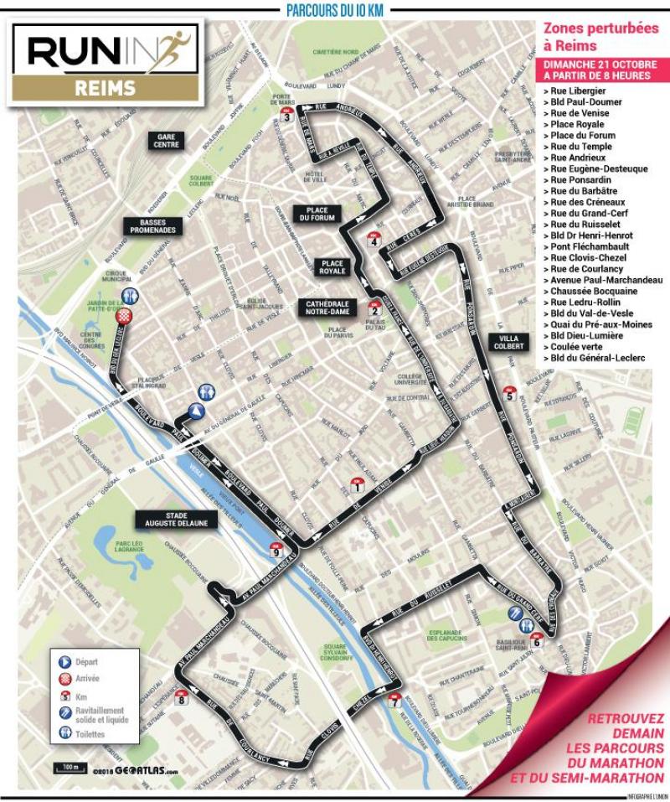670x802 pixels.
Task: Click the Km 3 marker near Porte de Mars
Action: pos(287,116)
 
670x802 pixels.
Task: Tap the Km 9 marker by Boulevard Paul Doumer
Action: pos(276,550)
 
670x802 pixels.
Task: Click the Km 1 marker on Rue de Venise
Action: pos(358,485)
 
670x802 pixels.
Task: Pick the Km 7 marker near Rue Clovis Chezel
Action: pos(395,701)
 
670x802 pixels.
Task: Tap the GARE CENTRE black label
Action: pos(166,139)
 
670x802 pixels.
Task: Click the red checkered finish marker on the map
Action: pos(125,316)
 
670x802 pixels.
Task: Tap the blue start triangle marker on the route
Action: pos(195,410)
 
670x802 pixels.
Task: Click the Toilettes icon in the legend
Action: pos(65,733)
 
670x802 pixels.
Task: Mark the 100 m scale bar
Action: pos(68,767)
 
